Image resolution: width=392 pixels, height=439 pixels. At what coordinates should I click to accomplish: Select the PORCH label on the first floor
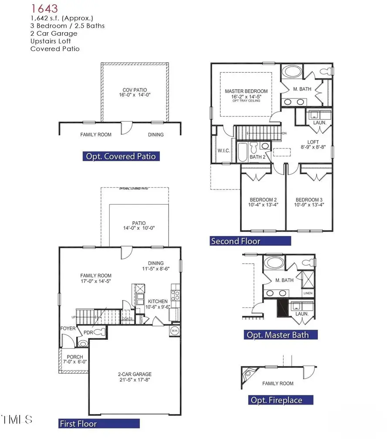click(75, 357)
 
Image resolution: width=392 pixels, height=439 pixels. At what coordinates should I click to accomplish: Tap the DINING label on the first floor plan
click(155, 263)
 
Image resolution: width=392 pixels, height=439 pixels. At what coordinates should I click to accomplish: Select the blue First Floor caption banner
click(99, 423)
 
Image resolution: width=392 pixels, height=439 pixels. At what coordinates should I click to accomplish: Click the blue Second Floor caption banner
click(250, 241)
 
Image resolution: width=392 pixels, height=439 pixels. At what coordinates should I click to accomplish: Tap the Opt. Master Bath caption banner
click(280, 335)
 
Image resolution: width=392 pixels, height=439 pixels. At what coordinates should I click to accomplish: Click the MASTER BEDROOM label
click(246, 91)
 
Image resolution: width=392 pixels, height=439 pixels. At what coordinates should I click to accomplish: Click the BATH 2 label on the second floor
click(257, 157)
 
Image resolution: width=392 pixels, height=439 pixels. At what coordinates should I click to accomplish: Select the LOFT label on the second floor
click(313, 142)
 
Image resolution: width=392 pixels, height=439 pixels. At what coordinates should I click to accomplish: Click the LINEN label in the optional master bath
click(308, 294)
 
